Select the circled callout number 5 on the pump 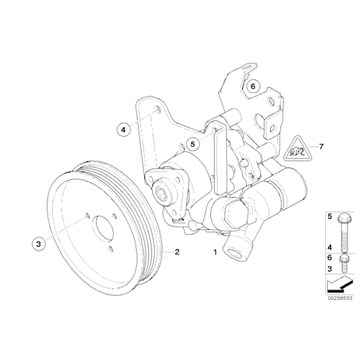point(193,144)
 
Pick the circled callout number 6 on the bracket point(253,87)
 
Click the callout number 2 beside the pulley point(177,252)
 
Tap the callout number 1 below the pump point(215,253)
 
